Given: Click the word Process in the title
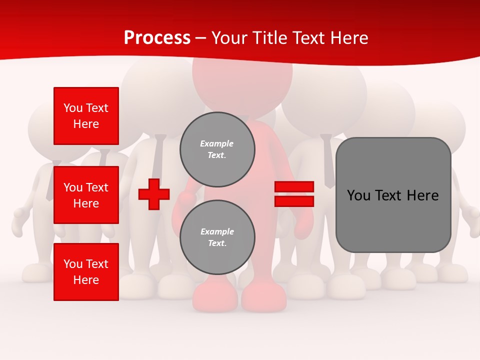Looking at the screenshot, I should [x=157, y=38].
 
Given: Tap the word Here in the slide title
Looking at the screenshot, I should [x=349, y=38].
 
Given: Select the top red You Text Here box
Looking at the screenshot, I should [x=86, y=116].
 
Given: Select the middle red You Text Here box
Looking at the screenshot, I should [x=86, y=195].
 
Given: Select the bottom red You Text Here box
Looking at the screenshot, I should [x=86, y=272].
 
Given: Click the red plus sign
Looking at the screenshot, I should [x=154, y=194].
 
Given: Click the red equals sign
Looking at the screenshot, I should [x=294, y=194].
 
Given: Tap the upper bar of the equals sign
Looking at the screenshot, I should [x=294, y=187].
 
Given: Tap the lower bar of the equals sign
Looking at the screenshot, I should [x=294, y=201].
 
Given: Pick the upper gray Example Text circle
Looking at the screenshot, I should [x=217, y=149].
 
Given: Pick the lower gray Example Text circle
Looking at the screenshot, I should [x=217, y=237].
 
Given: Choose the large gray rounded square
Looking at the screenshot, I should [x=393, y=195].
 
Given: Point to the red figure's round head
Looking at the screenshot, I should [x=242, y=75].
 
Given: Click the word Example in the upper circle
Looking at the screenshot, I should [x=216, y=143].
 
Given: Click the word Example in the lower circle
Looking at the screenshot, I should [x=217, y=231].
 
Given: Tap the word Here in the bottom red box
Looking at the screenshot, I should [x=86, y=280].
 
